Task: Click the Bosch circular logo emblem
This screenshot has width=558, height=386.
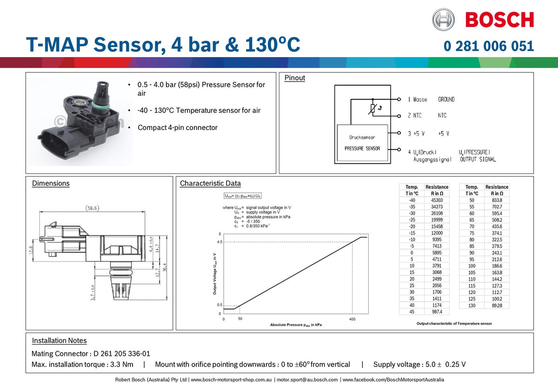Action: (443, 20)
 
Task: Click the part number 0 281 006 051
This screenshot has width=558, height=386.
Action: (489, 46)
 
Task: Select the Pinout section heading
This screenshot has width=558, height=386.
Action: (295, 78)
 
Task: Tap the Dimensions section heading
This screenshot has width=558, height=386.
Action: (51, 183)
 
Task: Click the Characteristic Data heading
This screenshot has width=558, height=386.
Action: (210, 183)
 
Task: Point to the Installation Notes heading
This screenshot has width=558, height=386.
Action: (59, 340)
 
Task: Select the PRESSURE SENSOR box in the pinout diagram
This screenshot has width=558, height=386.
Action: (362, 144)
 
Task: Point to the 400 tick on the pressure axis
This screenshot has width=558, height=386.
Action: (352, 320)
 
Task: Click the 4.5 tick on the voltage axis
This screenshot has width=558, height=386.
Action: (219, 242)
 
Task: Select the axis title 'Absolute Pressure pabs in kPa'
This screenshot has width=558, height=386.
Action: (296, 325)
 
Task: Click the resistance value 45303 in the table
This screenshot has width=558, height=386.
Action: (437, 200)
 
